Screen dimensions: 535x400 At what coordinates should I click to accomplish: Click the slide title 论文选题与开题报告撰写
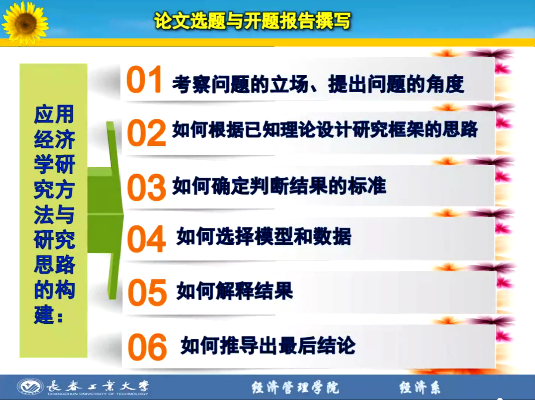tap(253, 21)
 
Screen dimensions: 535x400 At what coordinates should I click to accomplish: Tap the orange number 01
tap(144, 79)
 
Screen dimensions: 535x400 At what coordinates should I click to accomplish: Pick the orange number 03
tap(146, 187)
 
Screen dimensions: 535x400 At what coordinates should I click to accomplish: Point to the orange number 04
tap(146, 239)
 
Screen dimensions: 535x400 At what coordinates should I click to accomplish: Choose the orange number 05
tap(147, 293)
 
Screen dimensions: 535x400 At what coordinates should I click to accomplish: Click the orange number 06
tap(147, 347)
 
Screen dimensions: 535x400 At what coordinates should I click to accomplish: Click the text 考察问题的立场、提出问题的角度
tap(318, 84)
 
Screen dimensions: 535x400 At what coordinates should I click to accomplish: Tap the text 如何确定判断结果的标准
tap(280, 186)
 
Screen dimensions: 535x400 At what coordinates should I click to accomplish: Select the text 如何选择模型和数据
tap(264, 236)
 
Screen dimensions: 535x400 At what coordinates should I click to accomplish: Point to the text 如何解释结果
tap(235, 291)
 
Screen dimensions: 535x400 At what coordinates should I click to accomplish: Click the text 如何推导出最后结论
tap(268, 346)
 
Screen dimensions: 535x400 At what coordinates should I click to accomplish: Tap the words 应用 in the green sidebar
tap(54, 114)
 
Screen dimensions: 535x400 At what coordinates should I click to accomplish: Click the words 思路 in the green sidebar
tap(54, 265)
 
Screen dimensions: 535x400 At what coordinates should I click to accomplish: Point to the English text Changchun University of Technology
tap(98, 394)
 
